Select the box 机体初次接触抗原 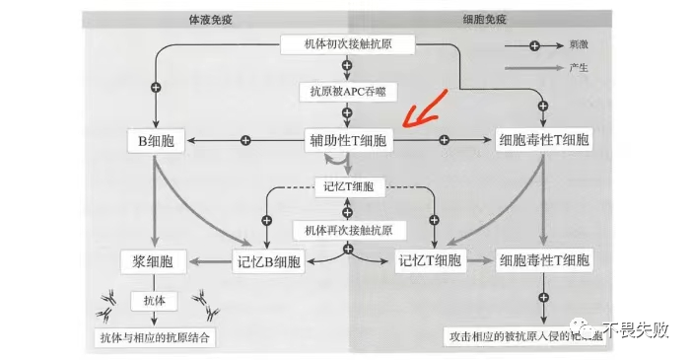coord(346,44)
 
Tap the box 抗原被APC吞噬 coord(346,91)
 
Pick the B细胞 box coord(156,141)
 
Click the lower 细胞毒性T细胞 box coord(544,261)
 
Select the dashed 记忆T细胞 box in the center coord(346,186)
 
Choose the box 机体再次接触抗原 coord(346,230)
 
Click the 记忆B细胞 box coord(267,261)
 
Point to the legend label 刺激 coord(580,46)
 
